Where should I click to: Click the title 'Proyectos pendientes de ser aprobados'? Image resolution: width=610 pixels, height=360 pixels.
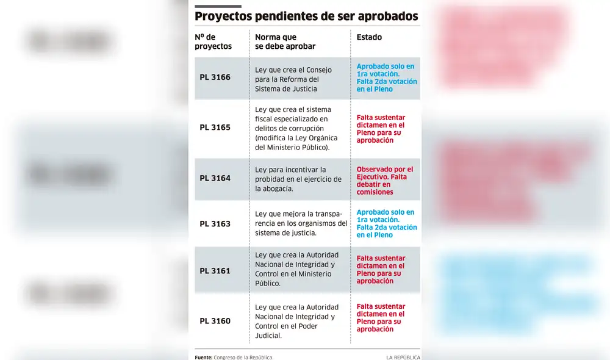pos(306,16)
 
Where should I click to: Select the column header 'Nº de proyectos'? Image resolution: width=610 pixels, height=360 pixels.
pos(213,41)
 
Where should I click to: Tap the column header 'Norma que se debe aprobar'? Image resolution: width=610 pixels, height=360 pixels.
pos(285,41)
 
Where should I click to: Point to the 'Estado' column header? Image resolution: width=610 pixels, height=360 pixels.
pos(369,37)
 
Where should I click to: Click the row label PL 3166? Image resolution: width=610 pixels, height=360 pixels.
pos(215,77)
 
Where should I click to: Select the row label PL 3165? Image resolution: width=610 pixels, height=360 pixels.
pos(215,128)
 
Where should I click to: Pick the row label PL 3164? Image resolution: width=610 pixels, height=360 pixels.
pos(215,178)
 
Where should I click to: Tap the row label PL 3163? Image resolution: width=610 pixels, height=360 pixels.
pos(215,223)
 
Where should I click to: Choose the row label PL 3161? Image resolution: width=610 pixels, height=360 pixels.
pos(215,270)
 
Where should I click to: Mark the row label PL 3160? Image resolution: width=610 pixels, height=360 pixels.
pos(215,320)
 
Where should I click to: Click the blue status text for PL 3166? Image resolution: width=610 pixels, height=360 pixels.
pos(387,77)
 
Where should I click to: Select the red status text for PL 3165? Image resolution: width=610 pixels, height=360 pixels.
pos(381,129)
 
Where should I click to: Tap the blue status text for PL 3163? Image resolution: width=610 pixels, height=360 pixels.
pos(387,223)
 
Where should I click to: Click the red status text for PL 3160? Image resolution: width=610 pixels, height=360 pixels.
pos(381,318)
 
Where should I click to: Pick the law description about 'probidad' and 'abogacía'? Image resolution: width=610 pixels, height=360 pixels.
pos(298,179)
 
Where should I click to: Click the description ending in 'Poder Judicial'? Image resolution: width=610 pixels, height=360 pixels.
pos(296,321)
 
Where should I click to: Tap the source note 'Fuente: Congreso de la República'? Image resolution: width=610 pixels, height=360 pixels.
pos(234,357)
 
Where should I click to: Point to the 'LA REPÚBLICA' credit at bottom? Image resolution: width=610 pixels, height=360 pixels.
pos(403,357)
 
